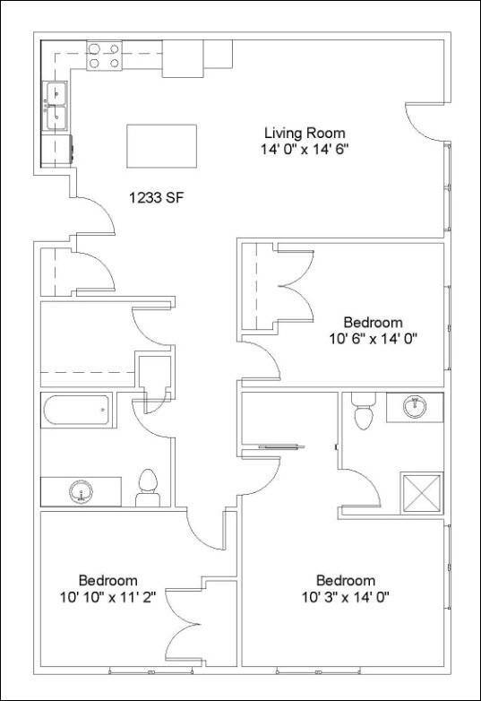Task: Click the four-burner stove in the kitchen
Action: click(104, 56)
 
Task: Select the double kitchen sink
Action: click(57, 106)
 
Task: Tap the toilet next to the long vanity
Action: click(147, 487)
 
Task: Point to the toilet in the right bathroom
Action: click(363, 414)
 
